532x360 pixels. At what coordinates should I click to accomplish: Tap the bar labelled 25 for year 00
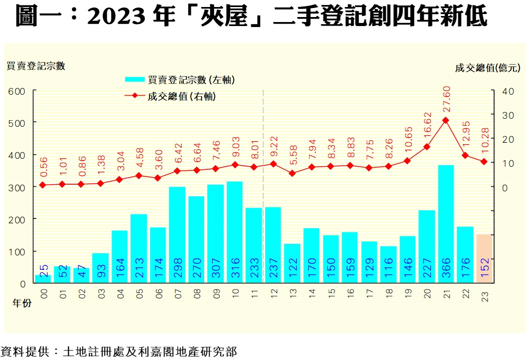43,279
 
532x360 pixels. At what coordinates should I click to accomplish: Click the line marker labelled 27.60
446,121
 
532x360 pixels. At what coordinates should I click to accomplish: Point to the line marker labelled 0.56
43,185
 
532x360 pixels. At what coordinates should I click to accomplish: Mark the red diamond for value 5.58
292,173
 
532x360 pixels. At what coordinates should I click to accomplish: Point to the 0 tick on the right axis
505,187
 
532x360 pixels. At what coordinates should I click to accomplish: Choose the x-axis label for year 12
273,291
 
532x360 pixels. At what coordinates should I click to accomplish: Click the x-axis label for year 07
177,291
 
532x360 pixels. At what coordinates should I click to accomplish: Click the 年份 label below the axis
22,303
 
